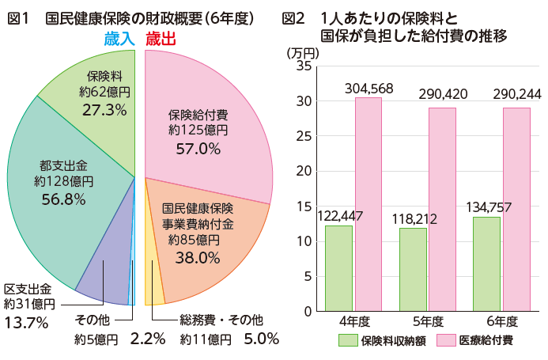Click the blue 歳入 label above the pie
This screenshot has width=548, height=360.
[121, 39]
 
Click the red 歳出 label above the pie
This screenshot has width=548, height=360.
[161, 39]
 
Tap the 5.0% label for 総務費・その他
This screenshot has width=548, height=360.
[262, 339]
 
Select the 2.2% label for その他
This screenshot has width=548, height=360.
[147, 339]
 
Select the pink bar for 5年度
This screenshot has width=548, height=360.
[442, 209]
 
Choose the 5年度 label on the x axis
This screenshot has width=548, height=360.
[428, 322]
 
